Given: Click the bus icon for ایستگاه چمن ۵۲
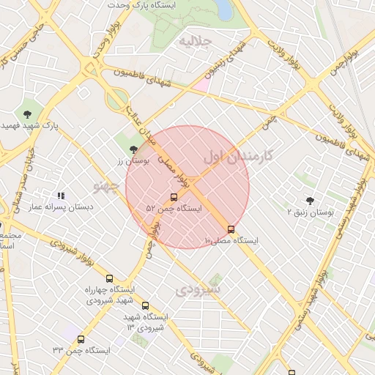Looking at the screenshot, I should pos(174,197).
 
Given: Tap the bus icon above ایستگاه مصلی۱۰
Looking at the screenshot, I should pos(231,229).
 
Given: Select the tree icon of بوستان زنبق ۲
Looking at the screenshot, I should pos(309,201).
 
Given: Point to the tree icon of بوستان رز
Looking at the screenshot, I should pos(132,149).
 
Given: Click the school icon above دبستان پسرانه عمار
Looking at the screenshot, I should pos(62,196).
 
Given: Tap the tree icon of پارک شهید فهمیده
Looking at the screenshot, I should pos(27,114).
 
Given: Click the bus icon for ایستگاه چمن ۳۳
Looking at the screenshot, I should pos(81,339).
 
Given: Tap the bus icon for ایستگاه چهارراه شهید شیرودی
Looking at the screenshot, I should pos(109,278).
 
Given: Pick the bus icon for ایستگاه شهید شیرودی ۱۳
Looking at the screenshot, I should pos(145,305).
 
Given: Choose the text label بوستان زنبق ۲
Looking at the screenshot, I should pos(309,212).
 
